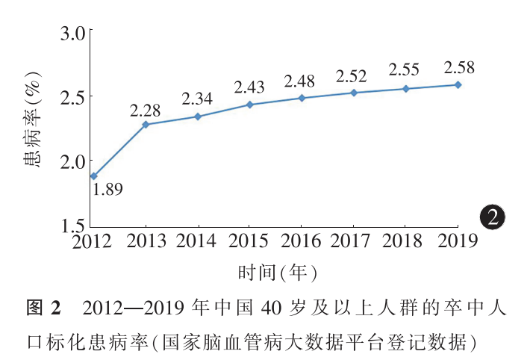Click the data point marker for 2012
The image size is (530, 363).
pyautogui.click(x=94, y=176)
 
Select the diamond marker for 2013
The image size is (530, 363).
pyautogui.click(x=146, y=125)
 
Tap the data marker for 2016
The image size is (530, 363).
pyautogui.click(x=302, y=98)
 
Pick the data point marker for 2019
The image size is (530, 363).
pyautogui.click(x=458, y=84)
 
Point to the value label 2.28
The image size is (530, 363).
pyautogui.click(x=146, y=110)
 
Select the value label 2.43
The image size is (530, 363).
pyautogui.click(x=250, y=87)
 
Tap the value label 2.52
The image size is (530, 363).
pyautogui.click(x=353, y=76)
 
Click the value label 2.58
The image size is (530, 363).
pyautogui.click(x=458, y=68)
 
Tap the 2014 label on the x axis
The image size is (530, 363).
pyautogui.click(x=198, y=241)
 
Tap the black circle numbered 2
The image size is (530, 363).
pyautogui.click(x=492, y=217)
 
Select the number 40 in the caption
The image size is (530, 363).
pyautogui.click(x=269, y=308)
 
